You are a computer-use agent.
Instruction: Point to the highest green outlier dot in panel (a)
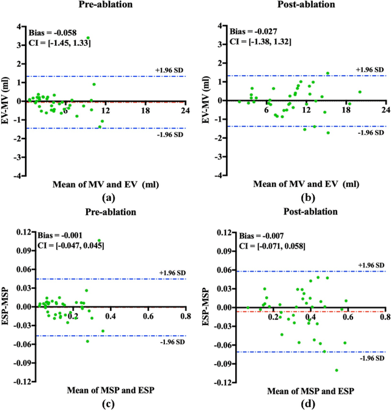click(87, 38)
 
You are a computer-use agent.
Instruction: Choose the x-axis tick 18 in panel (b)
click(346, 110)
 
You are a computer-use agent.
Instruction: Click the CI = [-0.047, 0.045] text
click(61, 246)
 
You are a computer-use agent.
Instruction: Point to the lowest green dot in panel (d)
click(337, 370)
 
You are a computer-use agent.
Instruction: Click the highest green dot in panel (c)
click(99, 241)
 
